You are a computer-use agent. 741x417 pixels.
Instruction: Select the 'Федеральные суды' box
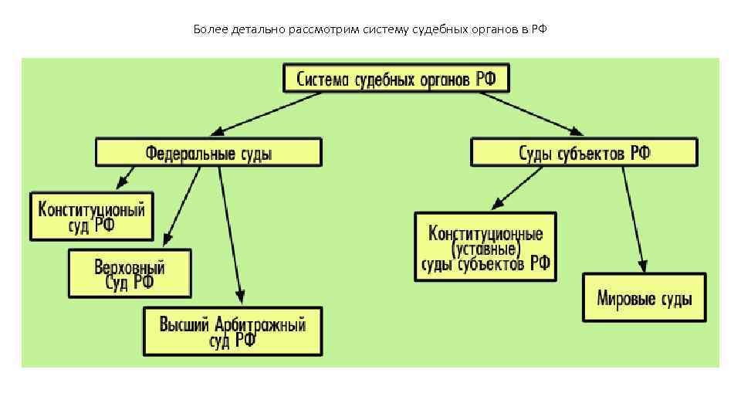tap(208, 152)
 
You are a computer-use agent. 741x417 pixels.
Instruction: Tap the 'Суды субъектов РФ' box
tap(584, 152)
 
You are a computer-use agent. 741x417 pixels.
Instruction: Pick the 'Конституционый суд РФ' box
tap(92, 216)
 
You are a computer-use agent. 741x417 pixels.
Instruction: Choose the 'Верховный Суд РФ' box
tap(130, 273)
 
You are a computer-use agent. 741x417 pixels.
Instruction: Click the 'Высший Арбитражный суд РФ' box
tap(232, 331)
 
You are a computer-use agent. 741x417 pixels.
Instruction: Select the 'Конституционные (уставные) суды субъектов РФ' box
tap(486, 247)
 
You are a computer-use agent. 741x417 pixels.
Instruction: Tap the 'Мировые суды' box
tap(644, 297)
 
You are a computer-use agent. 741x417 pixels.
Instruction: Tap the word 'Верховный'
tap(130, 267)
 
